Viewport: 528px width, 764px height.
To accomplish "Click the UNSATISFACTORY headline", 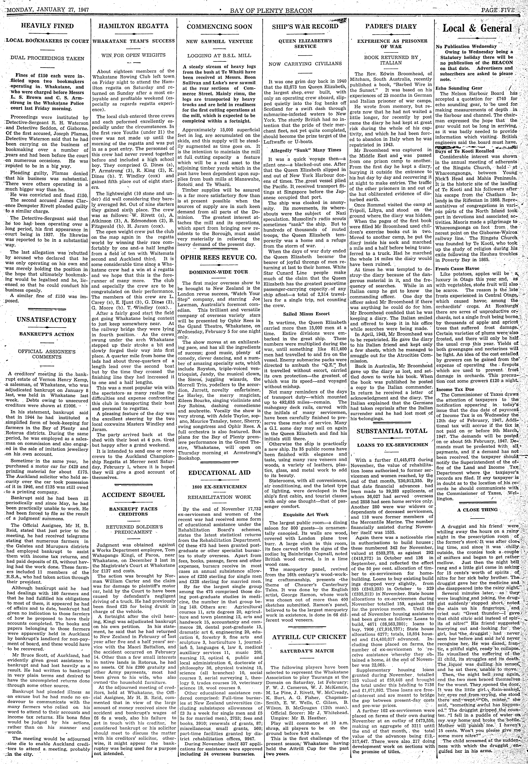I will point(46,320).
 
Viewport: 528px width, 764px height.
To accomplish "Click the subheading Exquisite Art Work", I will point(305,514).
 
